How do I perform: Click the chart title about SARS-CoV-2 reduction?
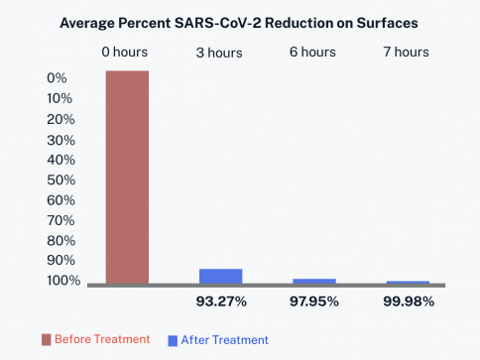pos(239,23)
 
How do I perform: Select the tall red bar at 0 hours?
pos(127,178)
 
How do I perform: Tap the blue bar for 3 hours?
pos(221,277)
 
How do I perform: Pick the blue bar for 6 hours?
pos(314,282)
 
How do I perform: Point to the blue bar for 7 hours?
pos(408,283)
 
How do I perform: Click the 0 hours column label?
pos(125,52)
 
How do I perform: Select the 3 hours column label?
pos(219,53)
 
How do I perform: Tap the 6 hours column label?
pos(312,52)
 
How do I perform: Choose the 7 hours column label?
pos(407,52)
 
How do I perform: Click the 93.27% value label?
pos(221,301)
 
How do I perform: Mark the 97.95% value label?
pos(314,301)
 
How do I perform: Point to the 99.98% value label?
pos(409,301)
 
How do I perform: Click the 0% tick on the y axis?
pos(57,78)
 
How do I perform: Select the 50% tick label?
pos(61,180)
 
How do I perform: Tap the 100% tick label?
pos(63,281)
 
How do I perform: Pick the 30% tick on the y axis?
pos(61,141)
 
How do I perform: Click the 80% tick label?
pos(61,241)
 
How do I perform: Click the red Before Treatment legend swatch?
pos(47,340)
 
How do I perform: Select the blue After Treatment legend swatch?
pos(173,341)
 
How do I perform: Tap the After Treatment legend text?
pos(225,340)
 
